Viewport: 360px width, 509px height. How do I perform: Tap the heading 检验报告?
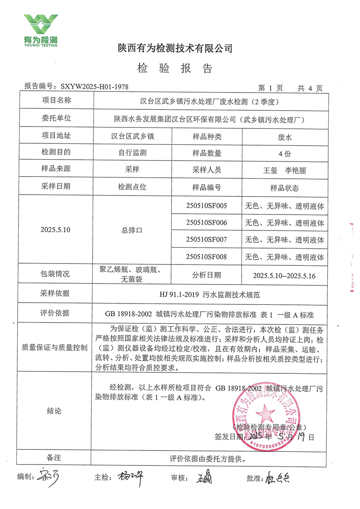click(174, 69)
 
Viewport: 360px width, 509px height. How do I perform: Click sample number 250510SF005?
click(207, 206)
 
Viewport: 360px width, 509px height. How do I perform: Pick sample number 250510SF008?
click(207, 257)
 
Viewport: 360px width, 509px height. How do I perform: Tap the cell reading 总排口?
click(132, 230)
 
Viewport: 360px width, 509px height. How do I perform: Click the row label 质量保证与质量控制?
click(55, 347)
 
